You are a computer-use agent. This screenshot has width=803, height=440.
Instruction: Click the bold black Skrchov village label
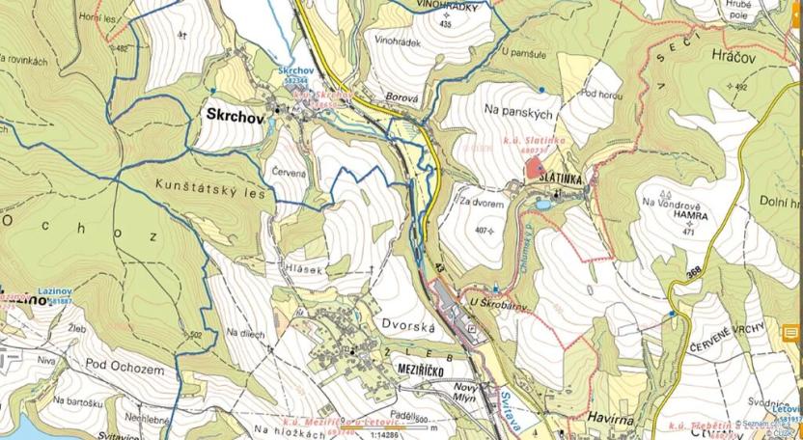tap(235, 114)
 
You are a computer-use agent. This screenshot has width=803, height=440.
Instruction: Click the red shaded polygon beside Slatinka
tap(534, 168)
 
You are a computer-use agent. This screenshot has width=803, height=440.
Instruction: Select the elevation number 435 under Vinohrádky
tap(444, 25)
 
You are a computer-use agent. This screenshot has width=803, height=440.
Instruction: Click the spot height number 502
tap(197, 335)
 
